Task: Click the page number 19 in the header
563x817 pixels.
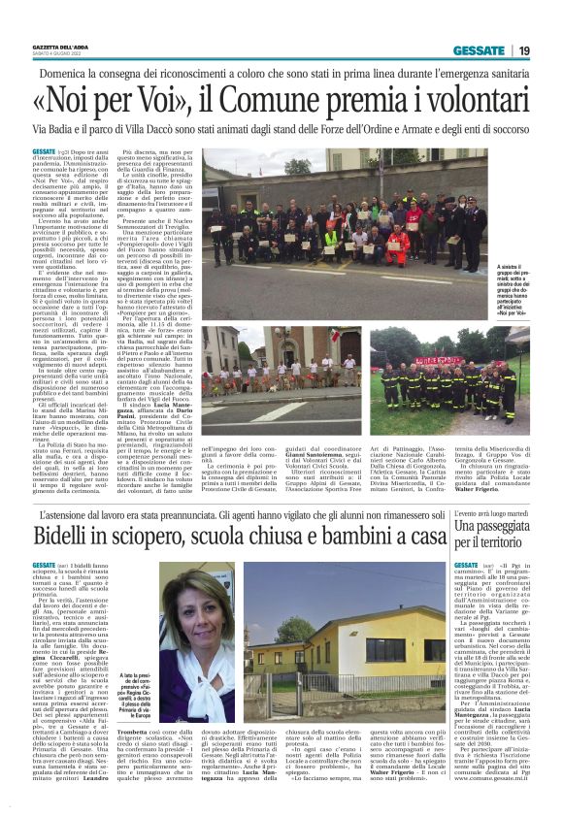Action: tap(523, 50)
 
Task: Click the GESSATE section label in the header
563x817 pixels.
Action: tap(478, 50)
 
